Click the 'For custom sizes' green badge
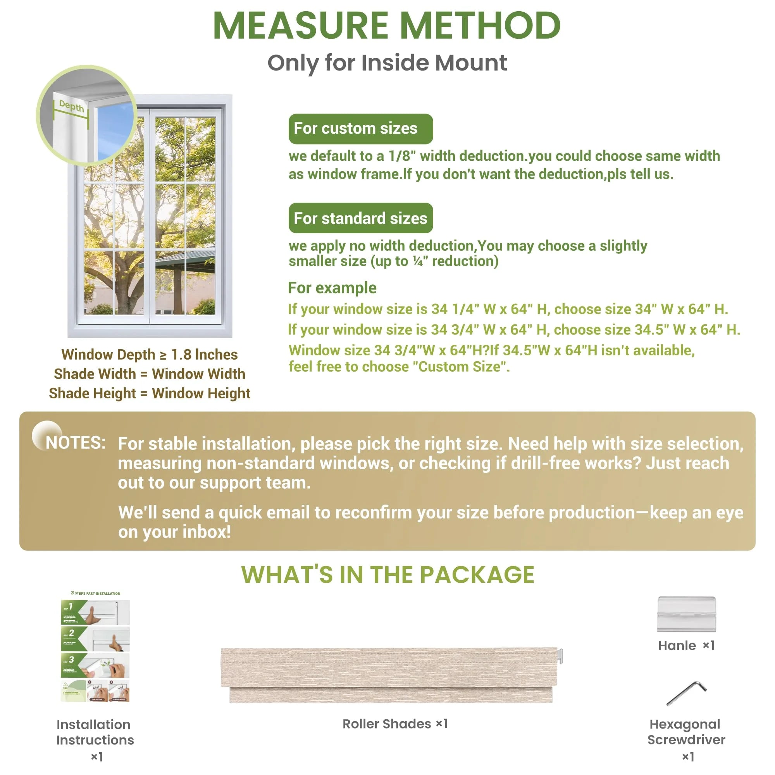(x=360, y=129)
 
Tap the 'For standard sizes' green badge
(x=360, y=218)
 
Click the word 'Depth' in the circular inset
(x=71, y=106)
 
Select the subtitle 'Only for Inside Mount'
(x=387, y=63)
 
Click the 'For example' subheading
(x=332, y=288)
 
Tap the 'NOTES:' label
(x=76, y=443)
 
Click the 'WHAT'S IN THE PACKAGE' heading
(x=387, y=574)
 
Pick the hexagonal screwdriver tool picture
(x=686, y=693)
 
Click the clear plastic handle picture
(x=686, y=614)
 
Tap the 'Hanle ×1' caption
(x=686, y=646)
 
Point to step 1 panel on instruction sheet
(x=95, y=612)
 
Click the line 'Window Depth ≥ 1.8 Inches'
(x=149, y=355)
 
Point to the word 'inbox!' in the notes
(x=207, y=532)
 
